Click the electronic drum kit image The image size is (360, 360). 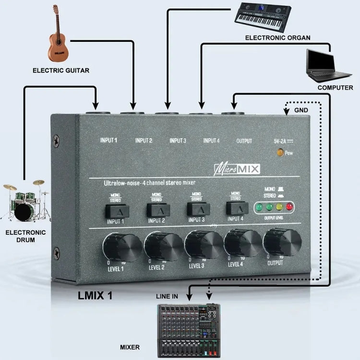pyautogui.click(x=26, y=201)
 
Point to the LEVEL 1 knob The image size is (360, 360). pyautogui.click(x=121, y=246)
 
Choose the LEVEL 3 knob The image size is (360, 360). pyautogui.click(x=204, y=243)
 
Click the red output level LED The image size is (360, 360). pyautogui.click(x=289, y=207)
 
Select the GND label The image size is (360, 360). pyautogui.click(x=301, y=110)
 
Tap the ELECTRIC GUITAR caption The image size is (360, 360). pyautogui.click(x=61, y=71)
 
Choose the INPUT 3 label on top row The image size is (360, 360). pyautogui.click(x=178, y=141)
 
